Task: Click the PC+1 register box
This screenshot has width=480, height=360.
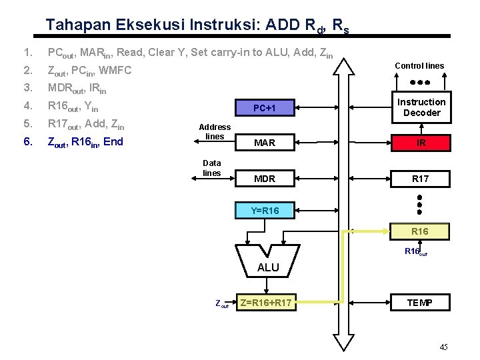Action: coord(264,108)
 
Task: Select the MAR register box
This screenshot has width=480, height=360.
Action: coord(264,143)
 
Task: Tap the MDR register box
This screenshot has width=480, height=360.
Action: coord(264,179)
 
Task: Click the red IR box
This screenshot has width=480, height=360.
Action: coord(421,143)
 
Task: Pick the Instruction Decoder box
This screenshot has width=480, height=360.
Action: coord(421,107)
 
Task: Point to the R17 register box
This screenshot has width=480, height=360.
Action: coord(421,179)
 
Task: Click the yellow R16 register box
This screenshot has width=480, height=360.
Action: coord(421,231)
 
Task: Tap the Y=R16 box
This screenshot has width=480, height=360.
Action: coord(264,211)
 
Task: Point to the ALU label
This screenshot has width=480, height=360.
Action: coord(268,267)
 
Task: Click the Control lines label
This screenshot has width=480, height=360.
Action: coord(419,66)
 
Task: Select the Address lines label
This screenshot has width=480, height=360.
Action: coord(215,131)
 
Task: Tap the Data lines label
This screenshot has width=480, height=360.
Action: coord(211,167)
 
